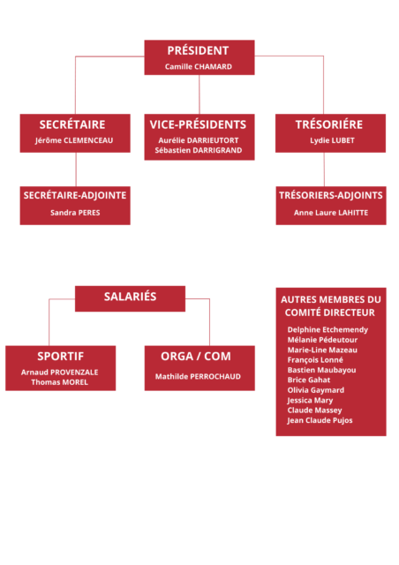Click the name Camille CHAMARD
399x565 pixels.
199,67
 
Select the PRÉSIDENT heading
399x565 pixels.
198,50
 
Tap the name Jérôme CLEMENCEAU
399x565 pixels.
74,140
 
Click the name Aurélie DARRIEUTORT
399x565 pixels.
199,140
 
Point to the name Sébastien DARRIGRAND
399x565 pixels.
199,150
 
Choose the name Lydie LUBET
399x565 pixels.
332,140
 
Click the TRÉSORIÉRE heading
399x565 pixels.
329,124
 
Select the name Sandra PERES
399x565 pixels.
75,213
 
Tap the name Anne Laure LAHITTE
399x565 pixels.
331,213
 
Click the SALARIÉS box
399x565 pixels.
130,298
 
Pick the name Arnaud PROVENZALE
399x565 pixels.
59,373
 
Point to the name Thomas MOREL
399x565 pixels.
59,382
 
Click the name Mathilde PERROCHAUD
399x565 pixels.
198,377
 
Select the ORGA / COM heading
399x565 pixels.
196,357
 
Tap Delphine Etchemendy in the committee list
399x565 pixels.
327,329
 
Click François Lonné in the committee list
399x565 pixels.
315,360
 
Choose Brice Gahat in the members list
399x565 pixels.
309,380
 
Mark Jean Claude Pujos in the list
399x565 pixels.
320,420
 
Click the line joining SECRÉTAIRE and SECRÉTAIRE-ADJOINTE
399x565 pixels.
76,169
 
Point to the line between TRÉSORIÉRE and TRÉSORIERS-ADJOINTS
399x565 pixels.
324,169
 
